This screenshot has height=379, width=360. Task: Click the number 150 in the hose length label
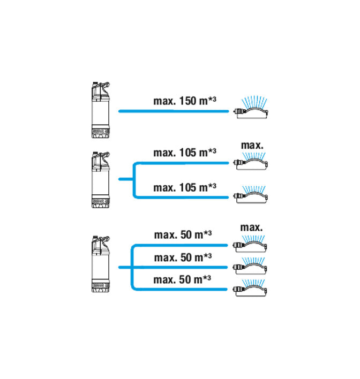187,101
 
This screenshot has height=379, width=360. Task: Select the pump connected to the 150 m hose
101,110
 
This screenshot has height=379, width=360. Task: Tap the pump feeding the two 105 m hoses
101,180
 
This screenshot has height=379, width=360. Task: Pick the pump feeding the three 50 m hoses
101,264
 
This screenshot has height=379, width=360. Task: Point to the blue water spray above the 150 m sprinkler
254,103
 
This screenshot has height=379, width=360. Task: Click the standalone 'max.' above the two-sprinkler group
252,145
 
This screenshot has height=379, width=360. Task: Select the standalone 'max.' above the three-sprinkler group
251,228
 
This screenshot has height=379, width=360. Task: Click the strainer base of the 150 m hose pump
101,132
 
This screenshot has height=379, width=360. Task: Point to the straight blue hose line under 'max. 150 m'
174,111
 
